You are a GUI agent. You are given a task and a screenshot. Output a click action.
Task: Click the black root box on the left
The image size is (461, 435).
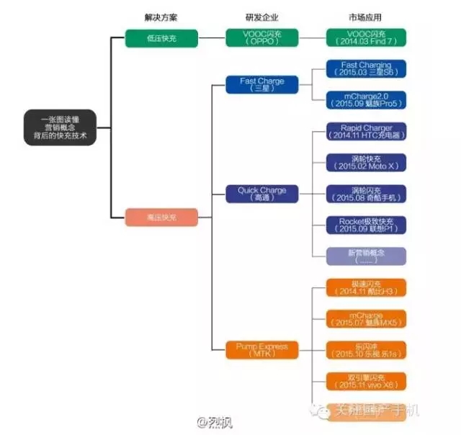pyautogui.click(x=58, y=127)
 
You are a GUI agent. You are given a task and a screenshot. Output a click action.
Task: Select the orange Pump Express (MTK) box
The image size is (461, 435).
pyautogui.click(x=261, y=350)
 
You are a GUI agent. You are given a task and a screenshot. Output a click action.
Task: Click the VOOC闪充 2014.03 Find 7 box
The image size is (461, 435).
pyautogui.click(x=366, y=37)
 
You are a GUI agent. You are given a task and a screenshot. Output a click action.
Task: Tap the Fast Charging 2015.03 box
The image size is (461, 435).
pyautogui.click(x=366, y=69)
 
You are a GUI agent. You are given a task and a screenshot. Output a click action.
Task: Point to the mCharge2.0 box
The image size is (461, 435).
pyautogui.click(x=366, y=99)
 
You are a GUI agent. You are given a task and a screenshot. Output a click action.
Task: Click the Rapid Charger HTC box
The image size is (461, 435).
pyautogui.click(x=366, y=133)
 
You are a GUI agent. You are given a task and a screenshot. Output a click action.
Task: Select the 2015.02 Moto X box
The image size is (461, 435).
pyautogui.click(x=366, y=163)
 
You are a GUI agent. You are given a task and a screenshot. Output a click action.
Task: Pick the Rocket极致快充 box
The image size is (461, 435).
pyautogui.click(x=366, y=225)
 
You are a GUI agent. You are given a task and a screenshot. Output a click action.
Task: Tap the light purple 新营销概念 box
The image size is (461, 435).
pyautogui.click(x=366, y=256)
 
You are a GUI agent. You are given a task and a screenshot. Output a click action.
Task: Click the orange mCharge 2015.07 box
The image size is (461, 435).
pyautogui.click(x=366, y=318)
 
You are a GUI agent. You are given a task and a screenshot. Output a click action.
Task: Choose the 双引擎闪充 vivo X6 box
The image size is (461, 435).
pyautogui.click(x=366, y=381)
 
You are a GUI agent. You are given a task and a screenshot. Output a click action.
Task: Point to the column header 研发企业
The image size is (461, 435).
pyautogui.click(x=261, y=17)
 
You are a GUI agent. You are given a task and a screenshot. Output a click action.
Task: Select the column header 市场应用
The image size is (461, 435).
pyautogui.click(x=366, y=17)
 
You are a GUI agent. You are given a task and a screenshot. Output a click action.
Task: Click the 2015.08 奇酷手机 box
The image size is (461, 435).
pyautogui.click(x=366, y=194)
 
